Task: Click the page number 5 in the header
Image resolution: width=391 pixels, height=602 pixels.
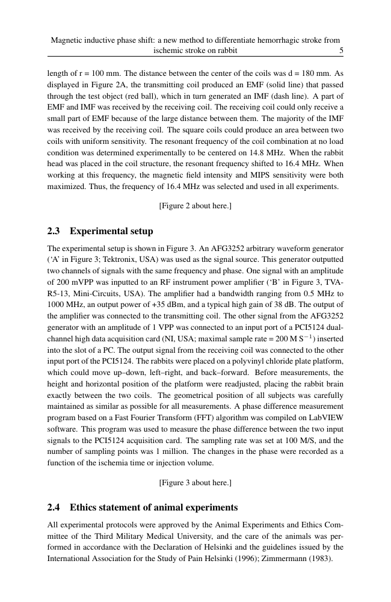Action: [x=341, y=51]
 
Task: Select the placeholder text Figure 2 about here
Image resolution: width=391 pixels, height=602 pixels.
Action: [x=195, y=206]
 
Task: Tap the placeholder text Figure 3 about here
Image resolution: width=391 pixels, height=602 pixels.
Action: [x=195, y=483]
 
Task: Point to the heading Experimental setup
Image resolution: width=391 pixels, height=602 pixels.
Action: [x=111, y=231]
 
